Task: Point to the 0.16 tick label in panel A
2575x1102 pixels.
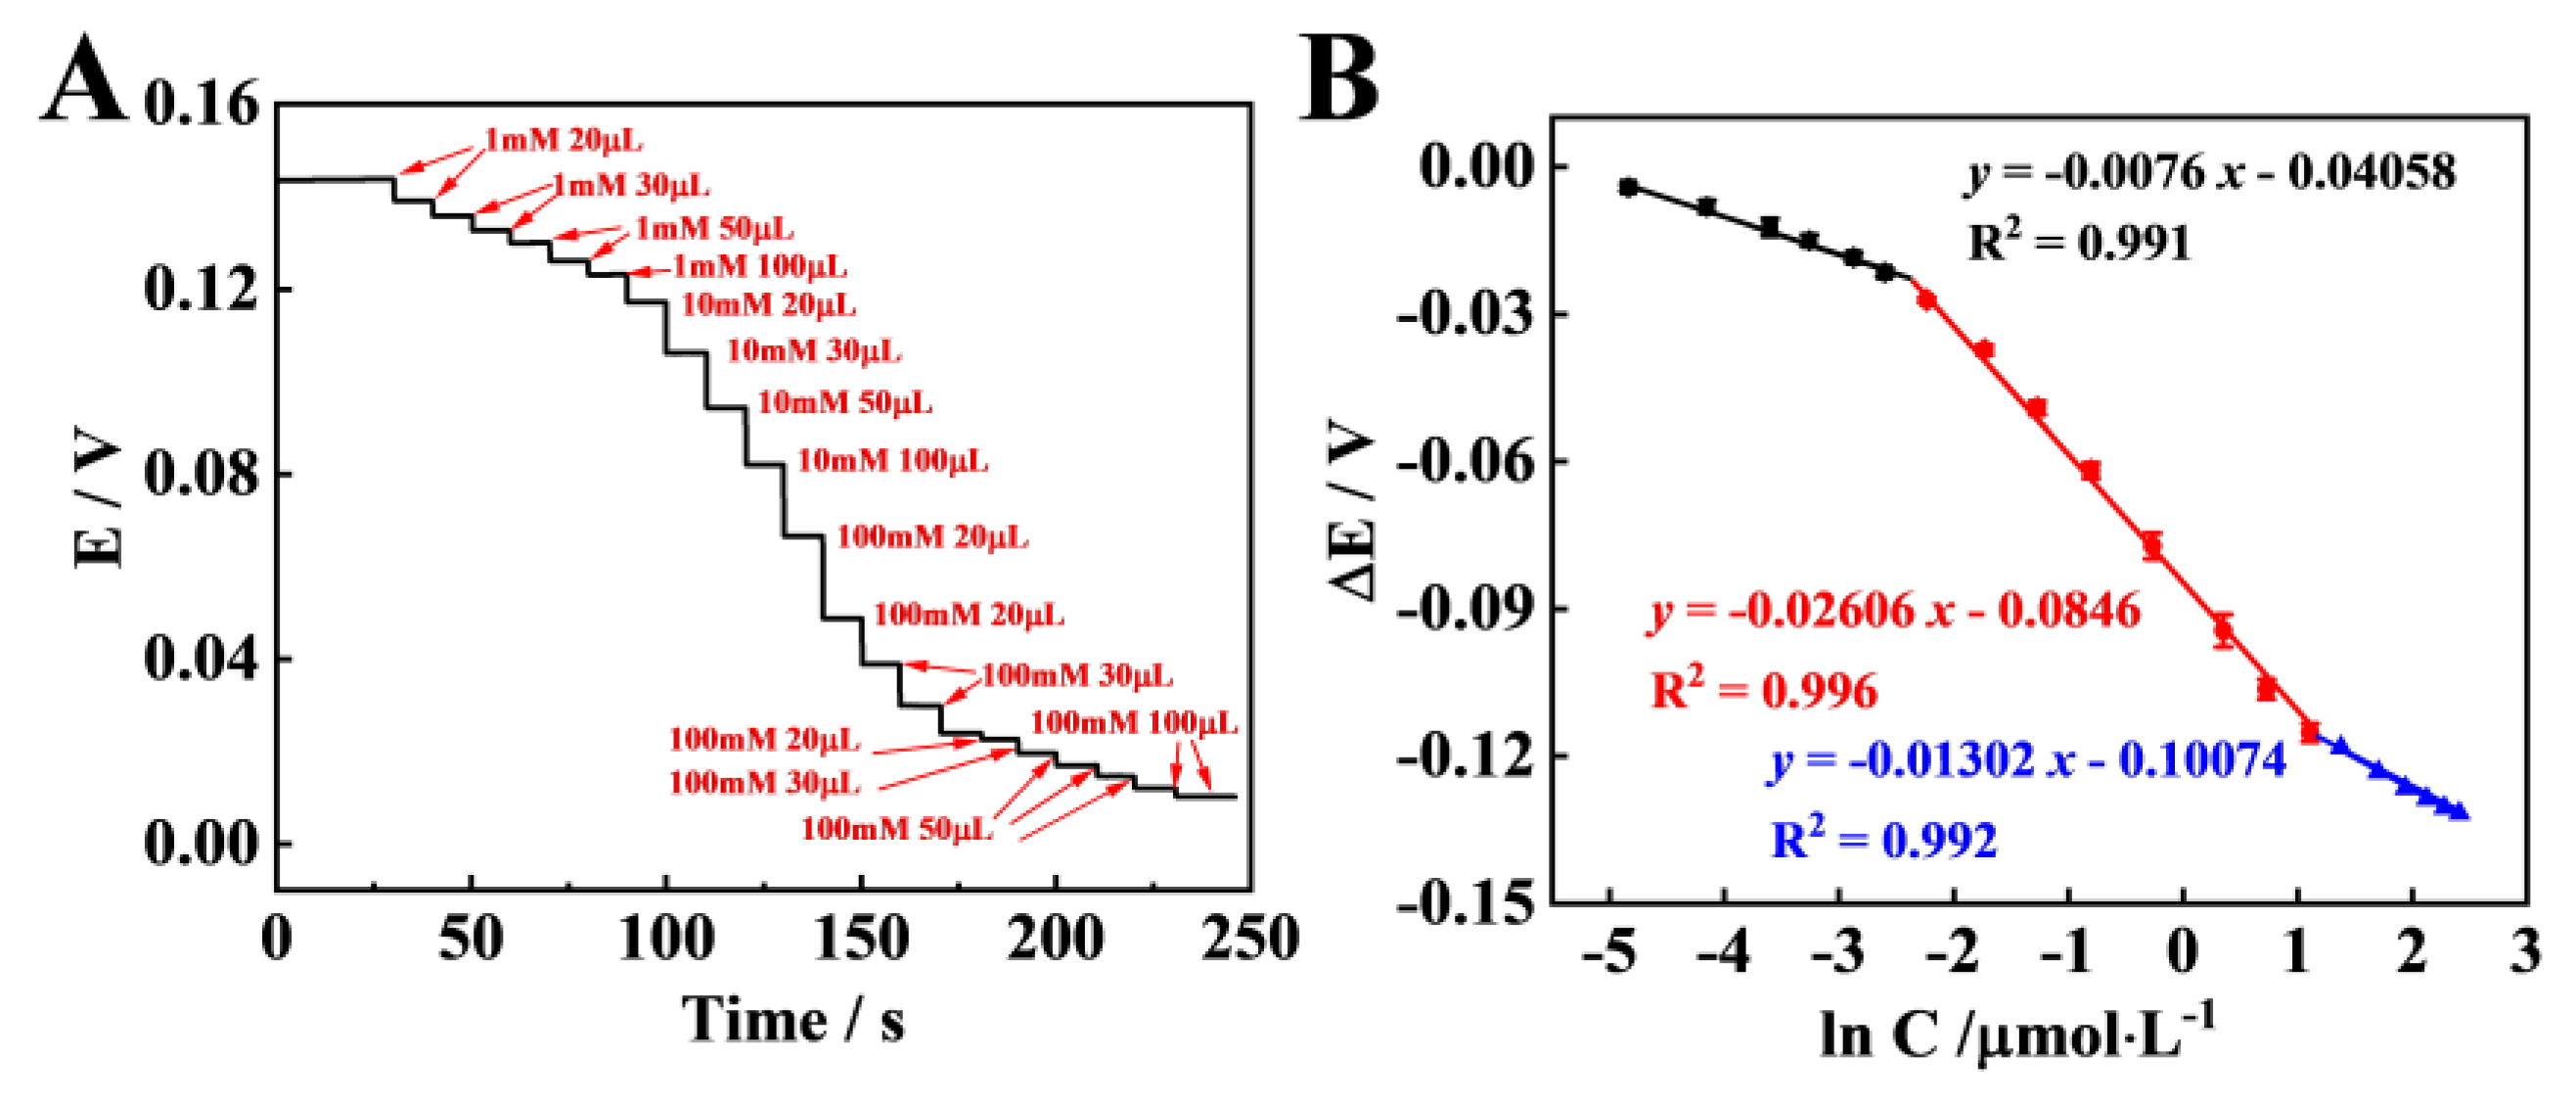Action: (201, 103)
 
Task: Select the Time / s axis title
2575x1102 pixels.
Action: (793, 1020)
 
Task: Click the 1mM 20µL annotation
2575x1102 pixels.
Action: (564, 141)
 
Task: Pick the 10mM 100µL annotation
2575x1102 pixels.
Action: (891, 461)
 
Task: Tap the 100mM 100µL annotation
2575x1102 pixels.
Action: (1134, 723)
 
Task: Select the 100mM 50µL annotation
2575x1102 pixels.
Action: (896, 829)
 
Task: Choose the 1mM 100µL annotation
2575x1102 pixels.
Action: (760, 267)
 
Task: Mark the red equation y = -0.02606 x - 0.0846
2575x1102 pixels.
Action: (1894, 611)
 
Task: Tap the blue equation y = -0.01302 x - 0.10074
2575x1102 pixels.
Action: (2028, 761)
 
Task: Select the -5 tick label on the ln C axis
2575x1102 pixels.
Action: (1609, 951)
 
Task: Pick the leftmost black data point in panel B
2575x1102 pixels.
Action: (1628, 187)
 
